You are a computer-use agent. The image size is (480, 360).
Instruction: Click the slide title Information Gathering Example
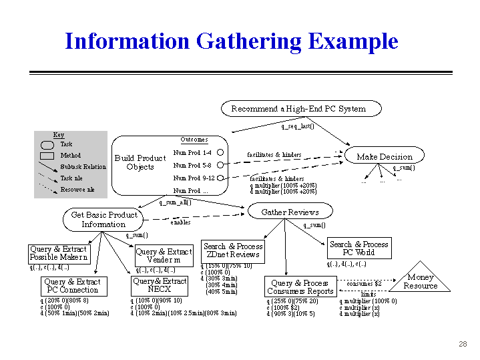click(231, 41)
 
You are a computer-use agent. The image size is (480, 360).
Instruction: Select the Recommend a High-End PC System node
click(298, 108)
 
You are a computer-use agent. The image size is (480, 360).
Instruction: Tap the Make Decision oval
click(385, 156)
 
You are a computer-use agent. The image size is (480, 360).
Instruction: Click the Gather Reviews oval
click(290, 212)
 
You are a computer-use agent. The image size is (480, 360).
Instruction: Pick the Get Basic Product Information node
click(103, 219)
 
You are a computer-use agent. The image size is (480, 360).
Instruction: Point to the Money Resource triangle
click(420, 281)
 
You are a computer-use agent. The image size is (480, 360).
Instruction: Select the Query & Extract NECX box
click(160, 286)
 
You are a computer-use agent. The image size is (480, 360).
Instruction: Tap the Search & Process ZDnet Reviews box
click(233, 250)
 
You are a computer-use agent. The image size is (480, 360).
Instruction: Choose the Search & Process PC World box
click(358, 248)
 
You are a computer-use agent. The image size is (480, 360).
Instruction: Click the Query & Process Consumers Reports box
click(300, 287)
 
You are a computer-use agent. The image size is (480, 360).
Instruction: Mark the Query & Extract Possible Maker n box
click(58, 253)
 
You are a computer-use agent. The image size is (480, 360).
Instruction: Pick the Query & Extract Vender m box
click(164, 256)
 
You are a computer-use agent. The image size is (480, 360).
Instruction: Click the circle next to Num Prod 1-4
click(220, 152)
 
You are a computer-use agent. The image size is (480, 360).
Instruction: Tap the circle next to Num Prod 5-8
click(220, 165)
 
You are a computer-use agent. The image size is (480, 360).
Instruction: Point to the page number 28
click(463, 344)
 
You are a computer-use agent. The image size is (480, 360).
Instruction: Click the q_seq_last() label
click(297, 126)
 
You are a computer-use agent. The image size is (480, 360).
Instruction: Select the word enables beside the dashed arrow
click(180, 222)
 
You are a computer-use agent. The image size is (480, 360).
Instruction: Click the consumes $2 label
click(364, 283)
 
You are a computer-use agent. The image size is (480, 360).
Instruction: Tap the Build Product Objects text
click(140, 162)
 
